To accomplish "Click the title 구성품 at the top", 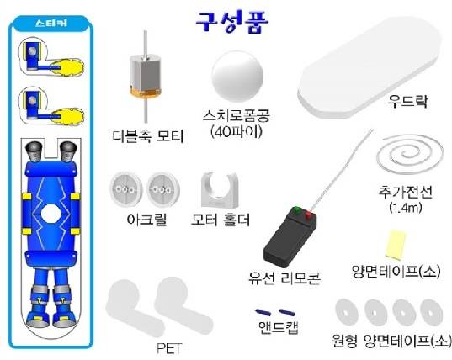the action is (232, 23).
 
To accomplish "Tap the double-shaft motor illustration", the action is (146, 77).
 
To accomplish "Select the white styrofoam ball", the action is (237, 76).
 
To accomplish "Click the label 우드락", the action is (407, 101).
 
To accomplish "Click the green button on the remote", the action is (296, 209).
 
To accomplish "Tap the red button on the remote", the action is (308, 214).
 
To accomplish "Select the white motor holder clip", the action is (220, 190).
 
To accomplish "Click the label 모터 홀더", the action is (221, 220).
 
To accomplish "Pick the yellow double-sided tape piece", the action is (395, 243).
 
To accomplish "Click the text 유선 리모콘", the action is (284, 278).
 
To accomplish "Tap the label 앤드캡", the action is (278, 327).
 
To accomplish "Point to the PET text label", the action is (169, 348).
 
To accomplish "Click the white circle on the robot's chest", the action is (51, 214).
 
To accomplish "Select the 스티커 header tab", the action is (51, 23).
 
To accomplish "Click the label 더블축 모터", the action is (148, 136).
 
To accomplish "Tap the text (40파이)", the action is (236, 132).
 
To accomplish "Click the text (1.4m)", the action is (406, 207).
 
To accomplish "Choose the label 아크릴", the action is (146, 220).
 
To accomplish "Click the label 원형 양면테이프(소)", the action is (391, 341).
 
